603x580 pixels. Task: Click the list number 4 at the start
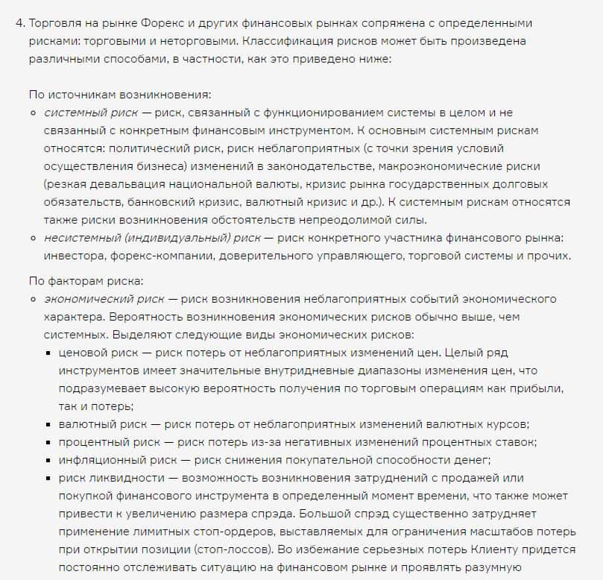[18, 23]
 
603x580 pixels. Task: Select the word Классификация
[313, 40]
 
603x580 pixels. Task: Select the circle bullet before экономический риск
[34, 300]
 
